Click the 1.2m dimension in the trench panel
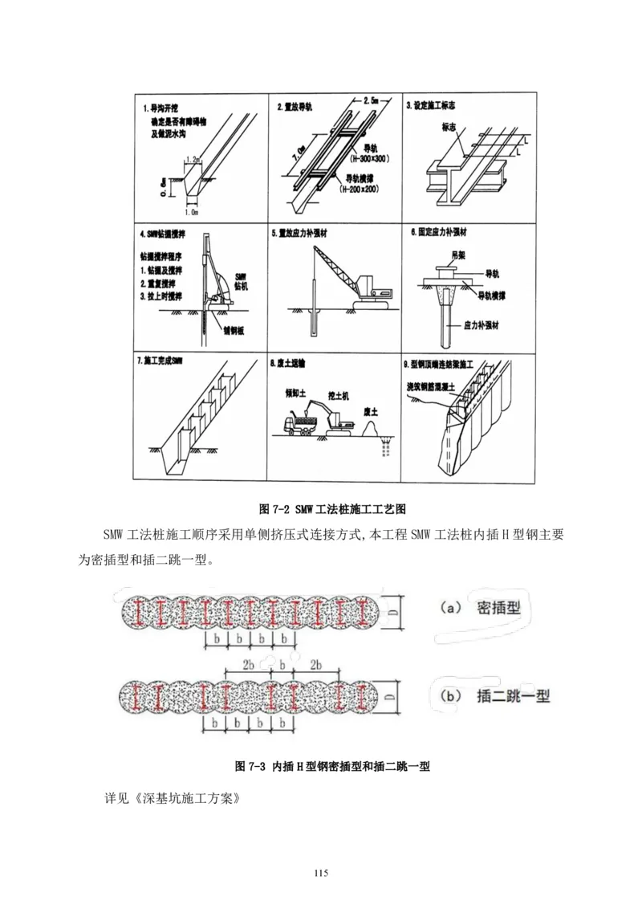pyautogui.click(x=193, y=161)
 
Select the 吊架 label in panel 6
pyautogui.click(x=459, y=255)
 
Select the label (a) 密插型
pyautogui.click(x=481, y=607)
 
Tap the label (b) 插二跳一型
pyautogui.click(x=490, y=696)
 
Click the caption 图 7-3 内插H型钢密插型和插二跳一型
pyautogui.click(x=332, y=766)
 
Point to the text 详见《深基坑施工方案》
pyautogui.click(x=172, y=800)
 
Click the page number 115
pyautogui.click(x=321, y=873)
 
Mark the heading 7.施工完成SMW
pyautogui.click(x=160, y=362)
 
